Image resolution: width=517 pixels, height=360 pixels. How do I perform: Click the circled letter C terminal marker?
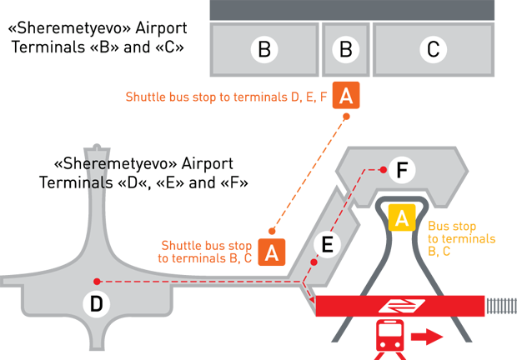click(432, 50)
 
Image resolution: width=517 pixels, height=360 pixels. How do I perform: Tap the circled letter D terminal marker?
click(97, 305)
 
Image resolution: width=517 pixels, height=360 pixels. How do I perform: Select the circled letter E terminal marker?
click(327, 244)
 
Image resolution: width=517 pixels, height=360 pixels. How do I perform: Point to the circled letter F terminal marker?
click(401, 171)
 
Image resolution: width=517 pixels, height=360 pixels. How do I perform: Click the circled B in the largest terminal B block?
click(264, 50)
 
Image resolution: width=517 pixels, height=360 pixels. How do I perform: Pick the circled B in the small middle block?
click(344, 50)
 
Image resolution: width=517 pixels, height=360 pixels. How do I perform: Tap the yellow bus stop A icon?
click(402, 219)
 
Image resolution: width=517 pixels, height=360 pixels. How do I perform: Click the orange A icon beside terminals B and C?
click(346, 96)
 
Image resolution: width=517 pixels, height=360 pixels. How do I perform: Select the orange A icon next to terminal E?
click(271, 251)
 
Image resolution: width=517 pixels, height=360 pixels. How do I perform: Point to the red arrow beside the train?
click(426, 337)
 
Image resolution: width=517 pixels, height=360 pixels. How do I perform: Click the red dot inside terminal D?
click(98, 282)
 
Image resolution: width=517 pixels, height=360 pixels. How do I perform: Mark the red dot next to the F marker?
click(382, 170)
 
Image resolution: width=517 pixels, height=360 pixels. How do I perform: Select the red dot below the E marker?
click(314, 262)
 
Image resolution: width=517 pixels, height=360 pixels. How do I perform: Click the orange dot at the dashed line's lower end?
click(270, 231)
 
